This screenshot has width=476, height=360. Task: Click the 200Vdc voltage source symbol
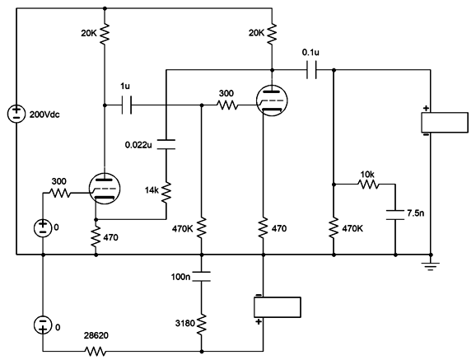point(15,114)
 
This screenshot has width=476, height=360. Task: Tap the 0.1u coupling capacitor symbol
point(310,70)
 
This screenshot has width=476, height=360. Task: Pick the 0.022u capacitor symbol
point(166,144)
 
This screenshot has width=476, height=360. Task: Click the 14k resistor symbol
point(166,192)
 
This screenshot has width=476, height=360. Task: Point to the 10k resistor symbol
point(367,185)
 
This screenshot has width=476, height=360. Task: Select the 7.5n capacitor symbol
point(395,214)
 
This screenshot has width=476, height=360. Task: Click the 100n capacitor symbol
point(203,274)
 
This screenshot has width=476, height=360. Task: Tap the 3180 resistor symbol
point(203,323)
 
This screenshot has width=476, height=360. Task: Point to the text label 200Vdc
point(46,114)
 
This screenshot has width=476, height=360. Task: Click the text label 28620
point(96,337)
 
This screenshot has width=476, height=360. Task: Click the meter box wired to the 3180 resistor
point(278,307)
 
